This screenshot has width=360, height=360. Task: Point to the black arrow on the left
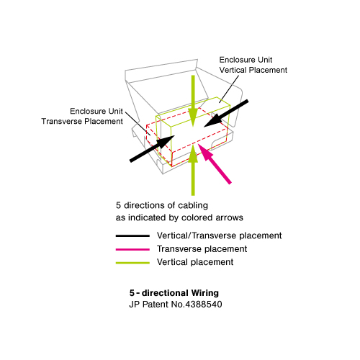coord(151,147)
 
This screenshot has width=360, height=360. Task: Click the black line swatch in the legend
coord(132,236)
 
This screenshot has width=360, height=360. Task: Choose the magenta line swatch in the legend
coord(132,249)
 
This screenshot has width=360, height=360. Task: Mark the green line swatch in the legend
coord(132,262)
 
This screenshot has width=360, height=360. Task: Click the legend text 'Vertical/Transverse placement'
coord(219,236)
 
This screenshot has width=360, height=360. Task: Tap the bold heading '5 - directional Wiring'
coord(173,294)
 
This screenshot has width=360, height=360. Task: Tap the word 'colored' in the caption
coord(199,217)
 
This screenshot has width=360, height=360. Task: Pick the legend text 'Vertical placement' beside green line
coord(195,262)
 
